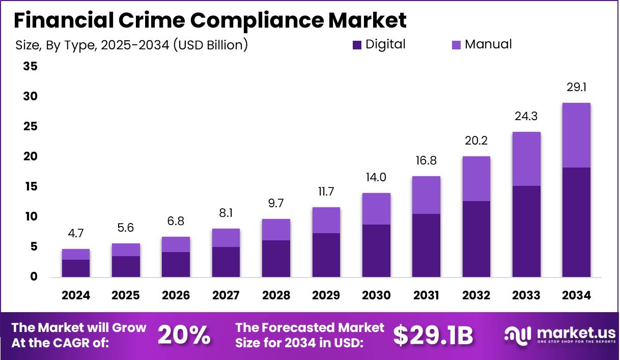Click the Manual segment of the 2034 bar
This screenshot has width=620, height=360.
pyautogui.click(x=577, y=135)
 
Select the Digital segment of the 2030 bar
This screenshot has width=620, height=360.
pyautogui.click(x=376, y=251)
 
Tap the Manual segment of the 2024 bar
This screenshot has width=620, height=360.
pyautogui.click(x=76, y=254)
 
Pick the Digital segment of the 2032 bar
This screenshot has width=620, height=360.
pyautogui.click(x=476, y=239)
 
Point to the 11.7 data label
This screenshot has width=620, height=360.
pyautogui.click(x=326, y=191)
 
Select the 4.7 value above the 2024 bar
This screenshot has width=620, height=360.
pyautogui.click(x=76, y=234)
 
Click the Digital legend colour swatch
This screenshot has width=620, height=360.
pyautogui.click(x=357, y=45)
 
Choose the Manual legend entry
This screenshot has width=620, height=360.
pyautogui.click(x=488, y=44)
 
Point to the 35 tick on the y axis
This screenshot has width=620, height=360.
pyautogui.click(x=30, y=66)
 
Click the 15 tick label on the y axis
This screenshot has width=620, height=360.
pyautogui.click(x=30, y=187)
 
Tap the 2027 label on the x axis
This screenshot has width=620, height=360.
pyautogui.click(x=226, y=296)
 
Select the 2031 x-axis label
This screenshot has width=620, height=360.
pyautogui.click(x=426, y=296)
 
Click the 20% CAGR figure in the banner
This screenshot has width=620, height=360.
pyautogui.click(x=184, y=335)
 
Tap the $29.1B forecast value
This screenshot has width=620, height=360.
pyautogui.click(x=433, y=335)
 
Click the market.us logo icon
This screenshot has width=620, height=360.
pyautogui.click(x=518, y=335)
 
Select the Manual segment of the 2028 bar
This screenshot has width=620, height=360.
pyautogui.click(x=276, y=230)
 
